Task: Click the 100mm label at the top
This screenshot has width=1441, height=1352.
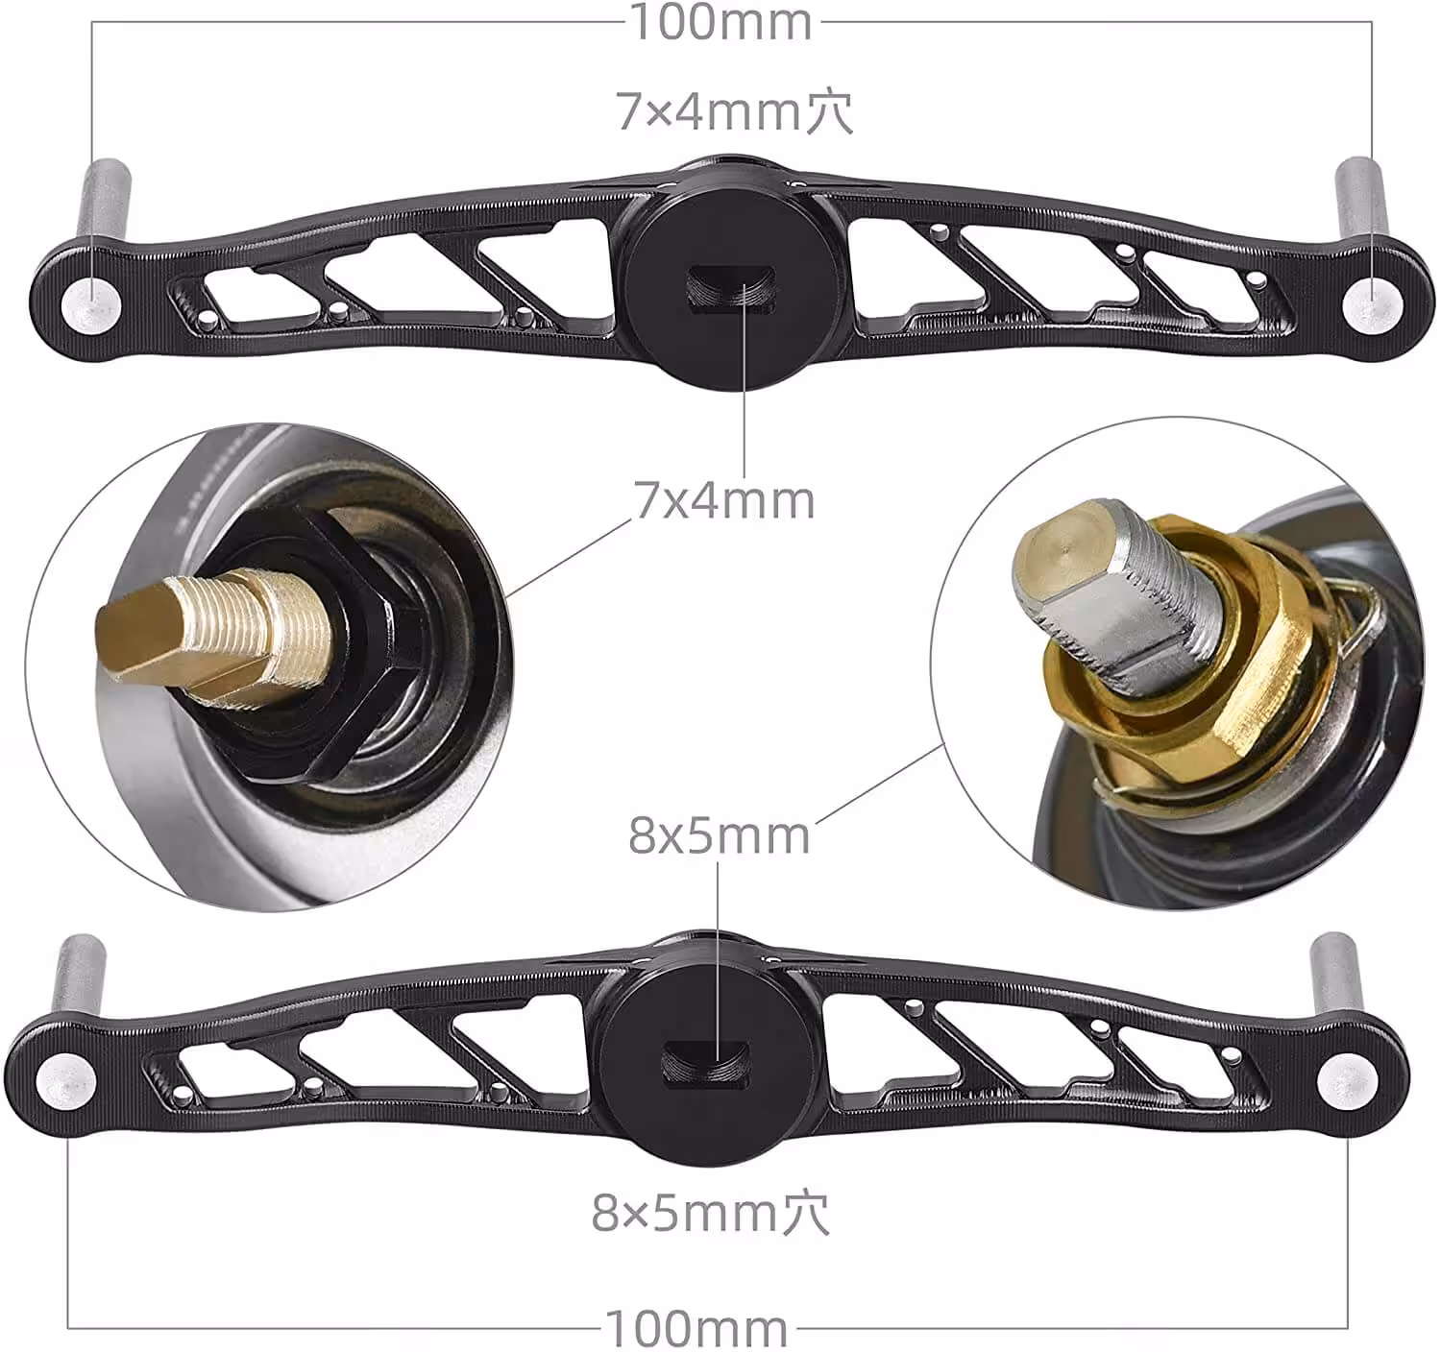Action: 720,22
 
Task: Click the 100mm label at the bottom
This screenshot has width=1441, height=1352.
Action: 696,1329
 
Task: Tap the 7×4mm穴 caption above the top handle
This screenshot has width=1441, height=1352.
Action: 734,111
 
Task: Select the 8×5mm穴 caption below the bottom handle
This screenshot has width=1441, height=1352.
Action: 710,1214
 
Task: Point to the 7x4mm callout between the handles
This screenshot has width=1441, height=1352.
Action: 724,499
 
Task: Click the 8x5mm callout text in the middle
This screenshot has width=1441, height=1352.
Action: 719,835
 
